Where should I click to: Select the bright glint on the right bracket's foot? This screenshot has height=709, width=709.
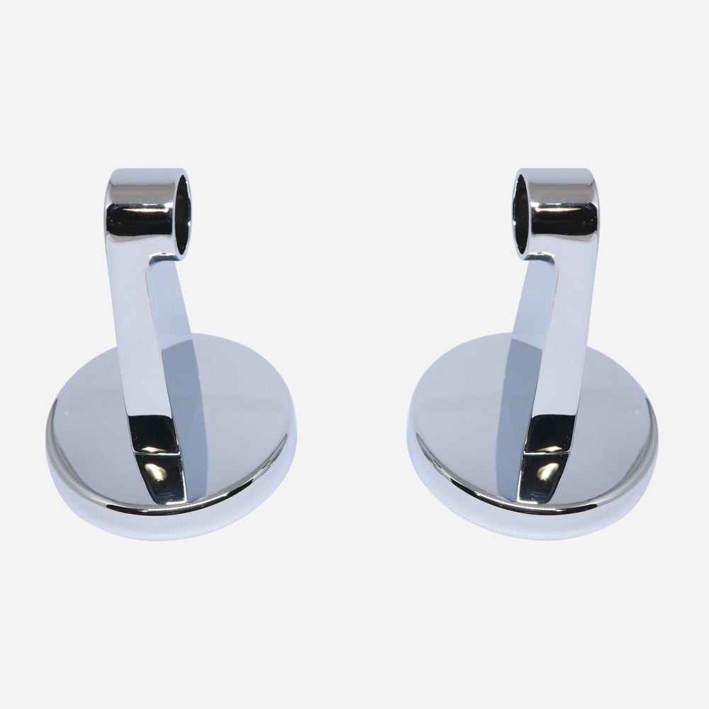point(547,471)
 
